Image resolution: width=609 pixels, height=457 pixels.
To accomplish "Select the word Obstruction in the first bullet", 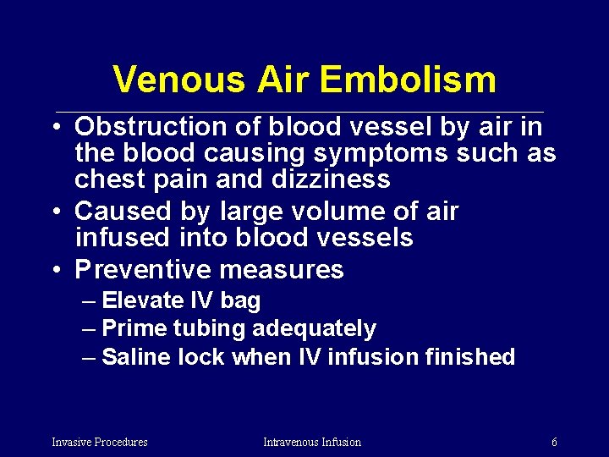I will click(167, 127).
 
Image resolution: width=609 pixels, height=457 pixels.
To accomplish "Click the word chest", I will click(108, 179).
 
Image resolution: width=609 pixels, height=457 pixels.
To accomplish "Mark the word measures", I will click(281, 270).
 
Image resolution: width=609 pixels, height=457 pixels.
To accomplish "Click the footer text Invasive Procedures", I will click(100, 442).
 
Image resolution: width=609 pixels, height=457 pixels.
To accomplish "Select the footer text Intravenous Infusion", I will click(312, 442).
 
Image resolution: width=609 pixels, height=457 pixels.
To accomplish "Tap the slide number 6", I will click(554, 442).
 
